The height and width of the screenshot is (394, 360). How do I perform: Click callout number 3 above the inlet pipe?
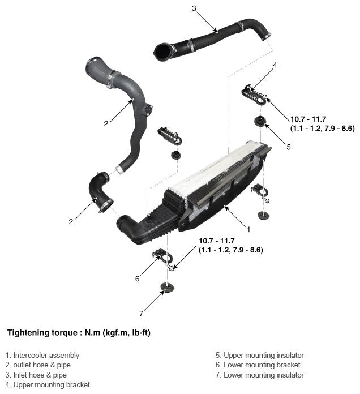tap(194, 8)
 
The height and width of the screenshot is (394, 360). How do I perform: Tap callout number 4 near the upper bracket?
tap(275, 65)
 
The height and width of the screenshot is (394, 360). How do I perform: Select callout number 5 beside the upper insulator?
tap(289, 147)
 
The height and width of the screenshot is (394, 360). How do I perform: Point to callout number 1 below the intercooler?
tap(248, 229)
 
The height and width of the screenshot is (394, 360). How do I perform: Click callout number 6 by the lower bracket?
tap(138, 279)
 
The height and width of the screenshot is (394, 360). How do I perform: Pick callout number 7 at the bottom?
tap(141, 314)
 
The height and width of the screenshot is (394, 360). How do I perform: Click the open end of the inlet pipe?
tap(161, 52)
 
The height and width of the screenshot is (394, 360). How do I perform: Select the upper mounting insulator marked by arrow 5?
tap(260, 122)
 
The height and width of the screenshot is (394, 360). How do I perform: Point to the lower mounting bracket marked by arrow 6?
tap(161, 256)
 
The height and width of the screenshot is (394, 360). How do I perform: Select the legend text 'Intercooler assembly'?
tap(46, 355)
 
